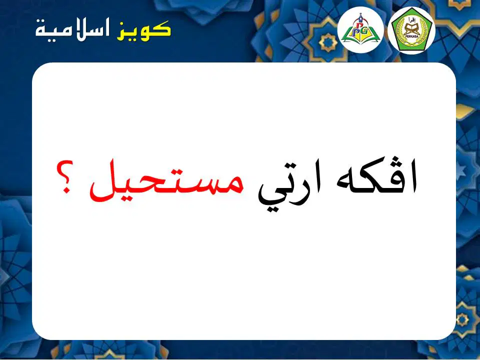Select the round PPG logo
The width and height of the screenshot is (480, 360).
[360, 29]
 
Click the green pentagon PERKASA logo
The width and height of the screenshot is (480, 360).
[411, 30]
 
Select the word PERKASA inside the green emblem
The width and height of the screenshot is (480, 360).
[411, 37]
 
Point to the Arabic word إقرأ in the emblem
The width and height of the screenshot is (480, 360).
[411, 20]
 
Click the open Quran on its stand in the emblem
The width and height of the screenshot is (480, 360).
[411, 29]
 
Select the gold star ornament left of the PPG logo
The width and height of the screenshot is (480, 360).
[328, 42]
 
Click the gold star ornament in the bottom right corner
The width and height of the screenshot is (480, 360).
[461, 320]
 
